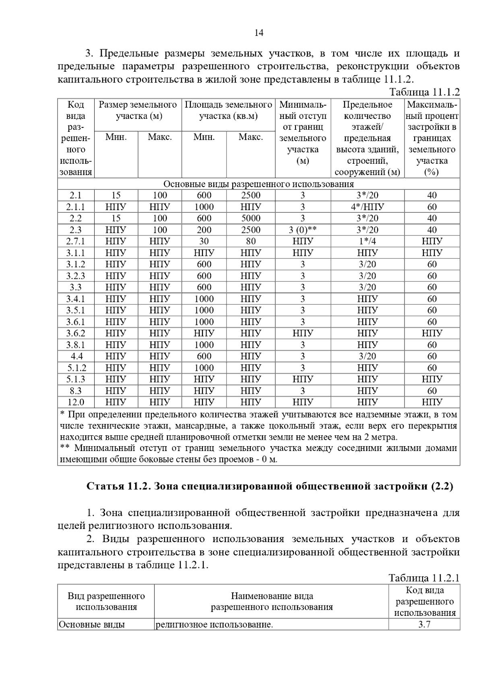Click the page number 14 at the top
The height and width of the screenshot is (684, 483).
(259, 33)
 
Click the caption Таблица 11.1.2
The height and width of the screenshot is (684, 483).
(424, 92)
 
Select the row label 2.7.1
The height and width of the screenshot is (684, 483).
(76, 241)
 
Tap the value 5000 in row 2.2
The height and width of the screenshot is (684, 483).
(251, 218)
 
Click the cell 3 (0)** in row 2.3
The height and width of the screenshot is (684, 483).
(303, 230)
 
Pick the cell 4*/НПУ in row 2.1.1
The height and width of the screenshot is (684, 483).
(367, 207)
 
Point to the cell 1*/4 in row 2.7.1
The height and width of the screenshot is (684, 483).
(367, 241)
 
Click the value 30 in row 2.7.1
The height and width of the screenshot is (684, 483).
(204, 241)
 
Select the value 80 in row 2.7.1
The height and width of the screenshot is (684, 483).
(251, 241)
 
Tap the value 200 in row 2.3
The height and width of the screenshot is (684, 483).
(204, 230)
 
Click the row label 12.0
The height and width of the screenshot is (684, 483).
(76, 402)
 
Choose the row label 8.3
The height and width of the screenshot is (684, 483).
(76, 391)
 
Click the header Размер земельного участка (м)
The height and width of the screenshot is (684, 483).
(138, 111)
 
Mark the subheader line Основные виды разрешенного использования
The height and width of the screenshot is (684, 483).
(258, 184)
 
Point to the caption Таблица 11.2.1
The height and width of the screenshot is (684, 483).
(424, 578)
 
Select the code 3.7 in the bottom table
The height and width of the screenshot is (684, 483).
(424, 625)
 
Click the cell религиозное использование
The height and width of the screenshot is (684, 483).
(214, 625)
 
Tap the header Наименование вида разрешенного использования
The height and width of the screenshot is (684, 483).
(272, 601)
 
